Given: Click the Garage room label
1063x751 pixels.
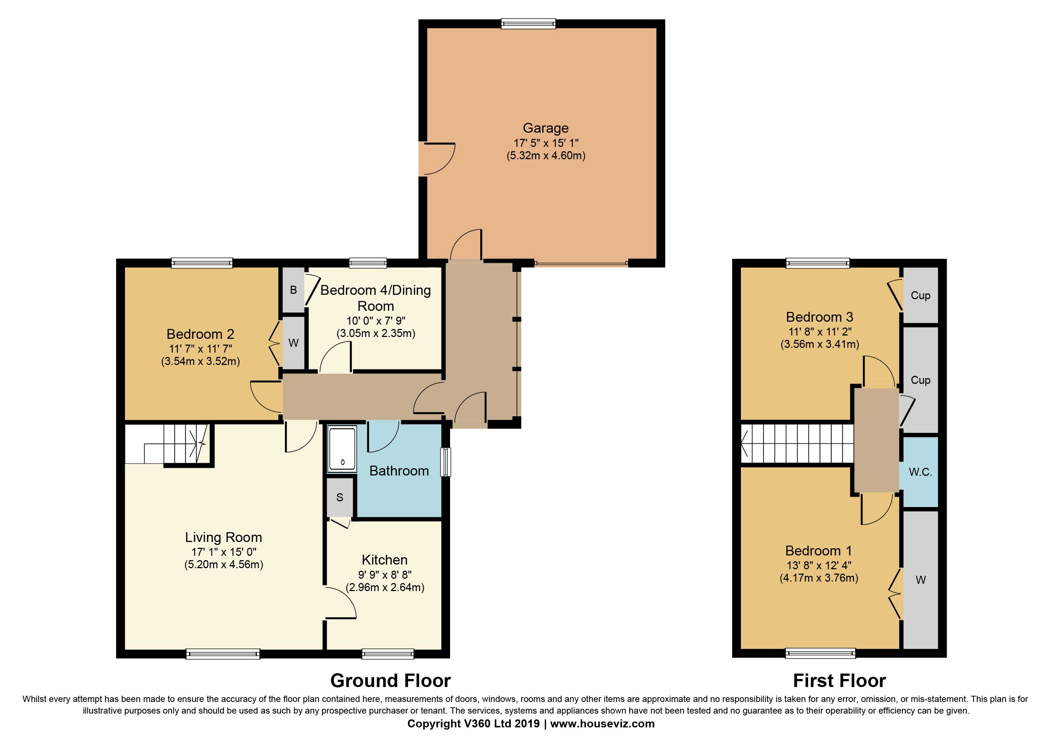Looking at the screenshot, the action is (x=545, y=128).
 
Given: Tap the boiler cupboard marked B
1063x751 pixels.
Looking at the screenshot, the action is (x=293, y=290).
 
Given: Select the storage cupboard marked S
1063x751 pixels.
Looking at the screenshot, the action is (x=340, y=497).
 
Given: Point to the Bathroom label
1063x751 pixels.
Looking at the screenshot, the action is (x=399, y=471).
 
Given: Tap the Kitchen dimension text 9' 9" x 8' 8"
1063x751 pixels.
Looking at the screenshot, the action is (x=385, y=575).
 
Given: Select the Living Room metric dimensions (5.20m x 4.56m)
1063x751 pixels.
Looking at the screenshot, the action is (x=224, y=565).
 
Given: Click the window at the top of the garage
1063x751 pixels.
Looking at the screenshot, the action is (x=528, y=24).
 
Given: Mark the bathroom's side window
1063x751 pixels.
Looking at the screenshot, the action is (x=445, y=462).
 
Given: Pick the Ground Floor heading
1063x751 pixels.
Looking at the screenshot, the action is (x=390, y=680).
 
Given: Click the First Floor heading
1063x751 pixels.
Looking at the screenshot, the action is (x=839, y=680).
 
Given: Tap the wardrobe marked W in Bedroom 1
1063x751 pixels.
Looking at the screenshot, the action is (x=920, y=580).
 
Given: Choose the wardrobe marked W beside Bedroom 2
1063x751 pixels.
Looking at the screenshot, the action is (x=293, y=343).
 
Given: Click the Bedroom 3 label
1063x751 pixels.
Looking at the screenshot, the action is (x=819, y=317).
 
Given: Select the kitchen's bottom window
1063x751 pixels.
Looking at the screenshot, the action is (x=388, y=654).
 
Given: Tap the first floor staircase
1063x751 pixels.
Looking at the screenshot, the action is (x=797, y=443).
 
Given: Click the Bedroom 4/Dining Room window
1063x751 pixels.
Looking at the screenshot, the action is (x=368, y=263).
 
